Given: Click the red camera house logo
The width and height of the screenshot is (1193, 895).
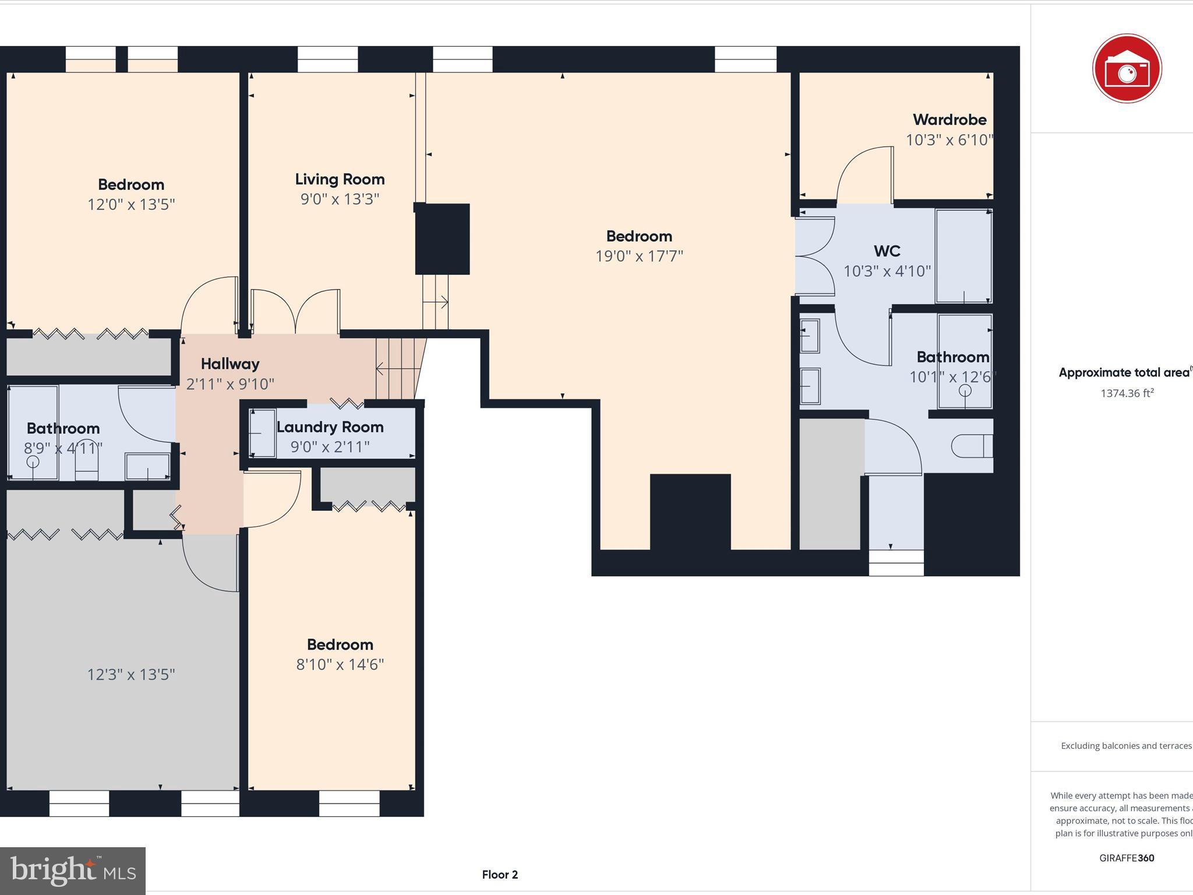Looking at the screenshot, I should click(1127, 69).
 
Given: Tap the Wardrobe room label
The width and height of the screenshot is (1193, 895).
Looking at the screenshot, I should click(950, 120).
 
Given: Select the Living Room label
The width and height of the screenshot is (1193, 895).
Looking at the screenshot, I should click(340, 179).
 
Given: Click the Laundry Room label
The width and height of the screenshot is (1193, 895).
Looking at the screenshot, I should click(330, 427).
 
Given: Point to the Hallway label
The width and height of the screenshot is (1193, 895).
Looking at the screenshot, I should click(230, 364).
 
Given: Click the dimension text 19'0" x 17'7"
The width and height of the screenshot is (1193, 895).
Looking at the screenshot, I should click(639, 256).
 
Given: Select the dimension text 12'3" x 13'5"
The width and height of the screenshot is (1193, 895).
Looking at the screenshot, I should click(131, 675).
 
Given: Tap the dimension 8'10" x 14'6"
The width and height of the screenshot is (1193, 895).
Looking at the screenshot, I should click(340, 665).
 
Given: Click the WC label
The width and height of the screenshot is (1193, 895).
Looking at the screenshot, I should click(887, 251).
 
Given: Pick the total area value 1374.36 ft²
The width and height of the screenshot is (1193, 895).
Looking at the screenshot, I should click(1127, 393).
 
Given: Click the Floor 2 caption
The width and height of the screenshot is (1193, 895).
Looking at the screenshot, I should click(500, 875).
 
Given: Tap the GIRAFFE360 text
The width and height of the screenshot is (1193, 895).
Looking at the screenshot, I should click(1127, 858).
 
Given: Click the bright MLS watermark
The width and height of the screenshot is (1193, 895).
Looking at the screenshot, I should click(73, 871).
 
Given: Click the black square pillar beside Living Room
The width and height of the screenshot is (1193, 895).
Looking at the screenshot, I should click(442, 238).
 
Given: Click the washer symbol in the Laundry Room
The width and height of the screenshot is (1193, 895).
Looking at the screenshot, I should click(263, 434).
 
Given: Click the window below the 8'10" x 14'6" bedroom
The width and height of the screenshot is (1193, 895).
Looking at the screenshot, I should click(349, 803).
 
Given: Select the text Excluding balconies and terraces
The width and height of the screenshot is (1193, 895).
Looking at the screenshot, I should click(1125, 746).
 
